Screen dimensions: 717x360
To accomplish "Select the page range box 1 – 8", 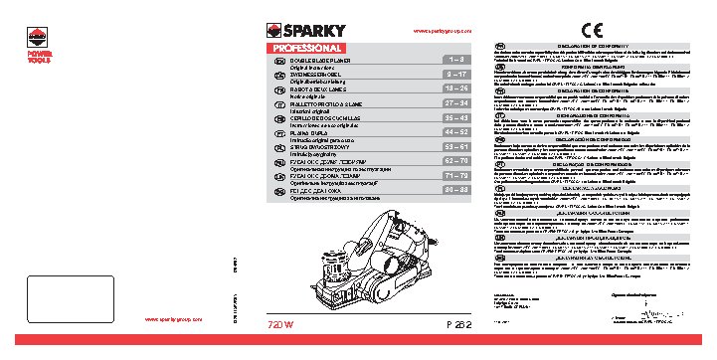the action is coord(452,61).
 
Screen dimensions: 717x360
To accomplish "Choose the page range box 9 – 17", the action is coord(452,74).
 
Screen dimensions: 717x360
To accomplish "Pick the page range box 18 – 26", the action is coord(452,88).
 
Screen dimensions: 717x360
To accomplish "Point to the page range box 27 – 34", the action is coord(452,101).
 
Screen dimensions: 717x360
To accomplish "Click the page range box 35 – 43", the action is coord(452,115).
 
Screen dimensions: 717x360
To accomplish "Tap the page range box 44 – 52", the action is coord(452,129).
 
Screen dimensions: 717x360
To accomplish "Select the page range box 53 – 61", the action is coord(452,143).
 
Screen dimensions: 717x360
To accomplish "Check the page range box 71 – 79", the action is coord(452,172).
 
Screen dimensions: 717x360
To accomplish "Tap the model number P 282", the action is coord(451,326).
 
